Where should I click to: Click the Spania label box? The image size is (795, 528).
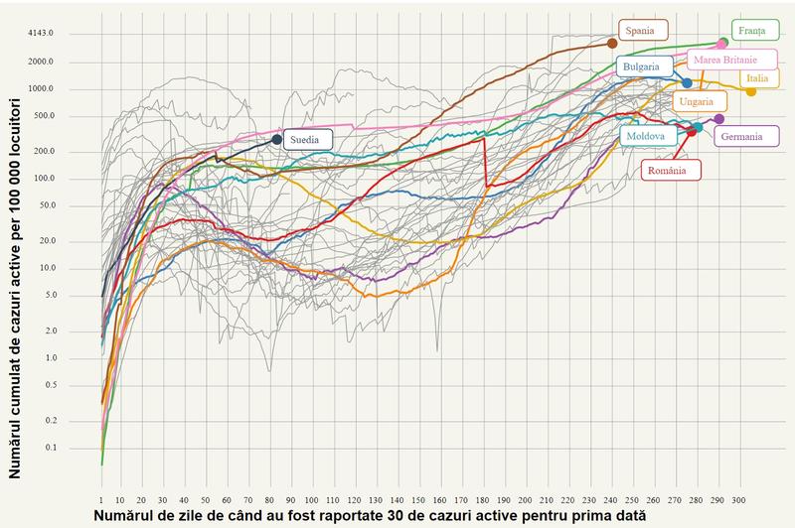pyautogui.click(x=644, y=29)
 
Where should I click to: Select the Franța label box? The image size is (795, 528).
pyautogui.click(x=753, y=30)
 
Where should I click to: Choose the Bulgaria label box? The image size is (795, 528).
pyautogui.click(x=642, y=66)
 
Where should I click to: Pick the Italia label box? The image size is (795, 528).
pyautogui.click(x=757, y=77)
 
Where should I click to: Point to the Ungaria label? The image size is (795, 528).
pyautogui.click(x=698, y=101)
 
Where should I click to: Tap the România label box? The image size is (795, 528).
pyautogui.click(x=671, y=170)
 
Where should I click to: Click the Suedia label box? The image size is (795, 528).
pyautogui.click(x=305, y=140)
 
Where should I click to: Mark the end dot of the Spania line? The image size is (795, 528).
pyautogui.click(x=612, y=44)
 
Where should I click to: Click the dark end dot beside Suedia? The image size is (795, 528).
pyautogui.click(x=277, y=140)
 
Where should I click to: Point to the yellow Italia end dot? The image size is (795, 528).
pyautogui.click(x=750, y=91)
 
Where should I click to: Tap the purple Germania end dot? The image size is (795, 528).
pyautogui.click(x=719, y=119)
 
